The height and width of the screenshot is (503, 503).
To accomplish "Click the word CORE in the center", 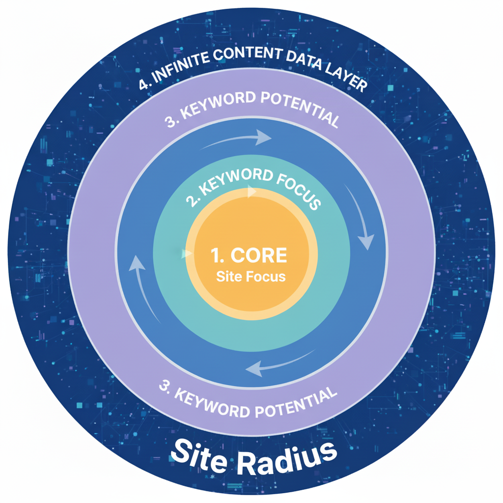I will click(x=259, y=255).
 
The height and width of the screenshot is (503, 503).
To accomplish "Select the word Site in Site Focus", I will click(x=228, y=276).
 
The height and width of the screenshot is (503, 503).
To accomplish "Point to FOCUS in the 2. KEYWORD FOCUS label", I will click(x=298, y=191).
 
